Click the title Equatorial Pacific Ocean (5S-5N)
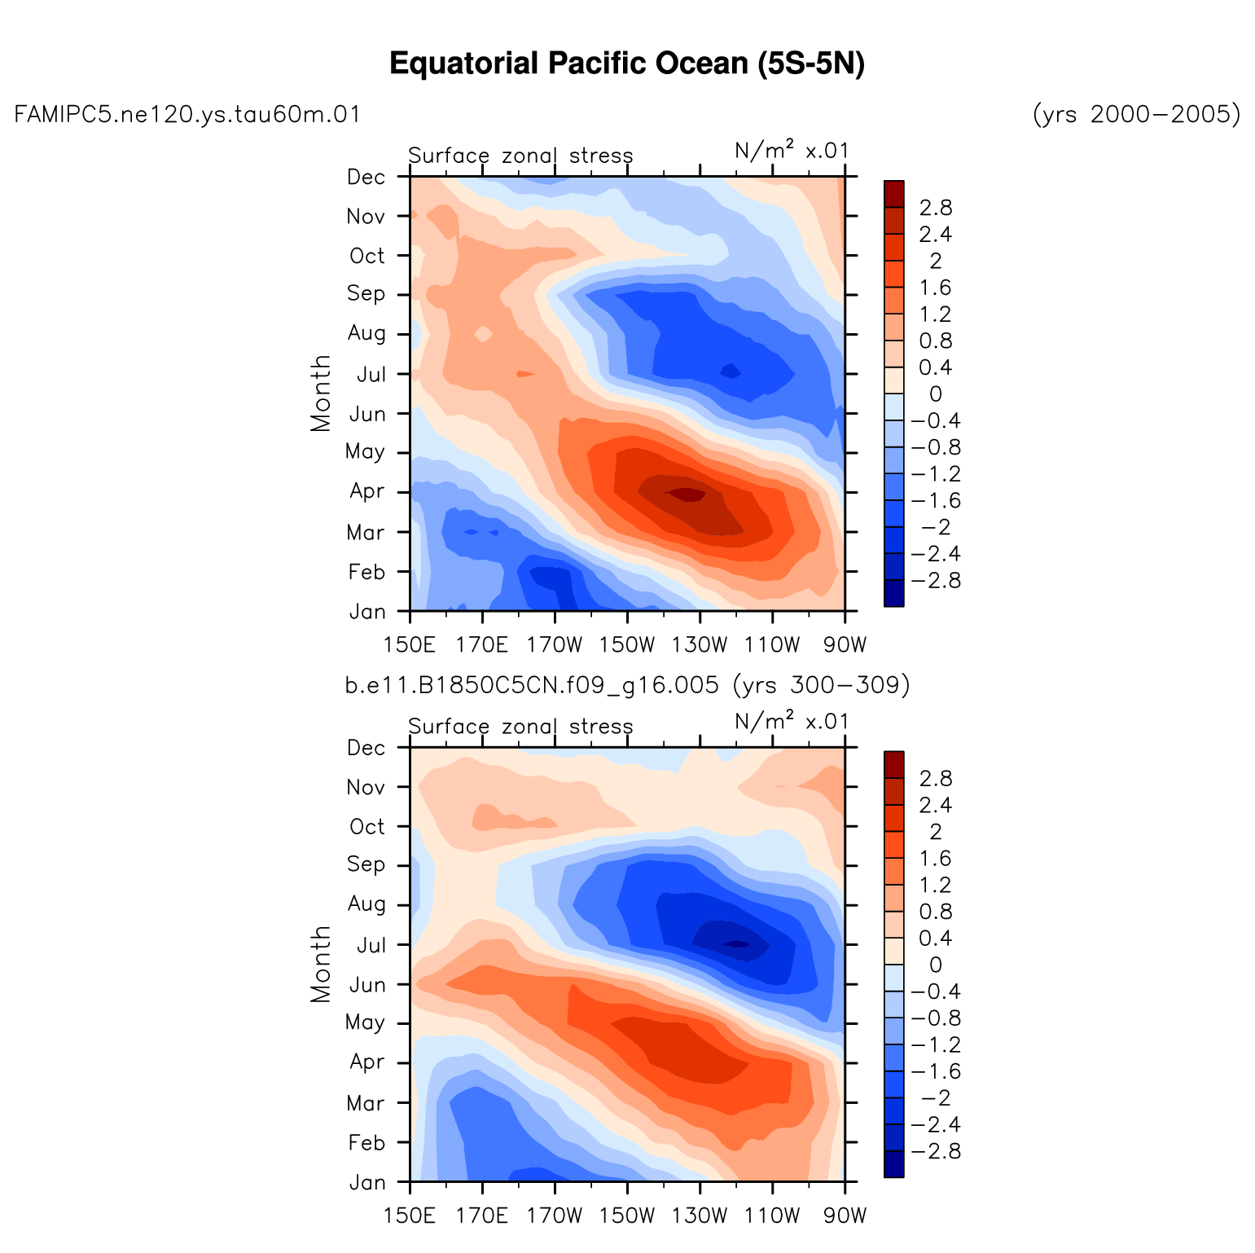pos(627,64)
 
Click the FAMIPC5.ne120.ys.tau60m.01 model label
pos(187,115)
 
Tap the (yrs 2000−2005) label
pos(1137,115)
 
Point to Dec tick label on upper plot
pos(366,178)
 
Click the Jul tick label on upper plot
pos(371,376)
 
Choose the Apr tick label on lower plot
pos(367,1062)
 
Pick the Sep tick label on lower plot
pos(366,864)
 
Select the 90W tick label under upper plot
pos(845,646)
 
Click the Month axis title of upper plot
pos(322,393)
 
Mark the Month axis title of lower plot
pos(322,964)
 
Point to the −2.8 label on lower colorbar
pos(936,1152)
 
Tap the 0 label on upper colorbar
pos(935,395)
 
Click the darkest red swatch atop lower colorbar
pos(893,764)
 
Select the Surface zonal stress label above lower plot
pos(520,727)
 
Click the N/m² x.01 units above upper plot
pos(792,151)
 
